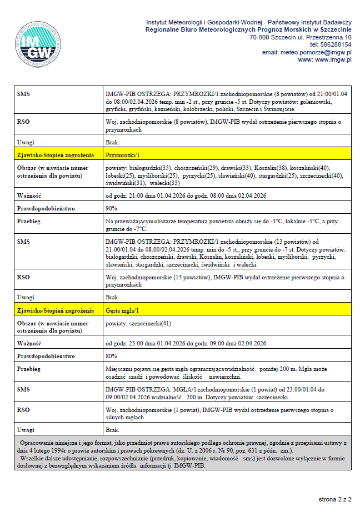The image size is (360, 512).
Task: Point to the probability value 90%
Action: click(x=111, y=208)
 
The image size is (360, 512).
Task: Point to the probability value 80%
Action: click(x=111, y=355)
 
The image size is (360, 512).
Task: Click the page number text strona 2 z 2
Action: click(x=335, y=499)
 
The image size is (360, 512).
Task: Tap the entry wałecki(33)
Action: click(x=165, y=183)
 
